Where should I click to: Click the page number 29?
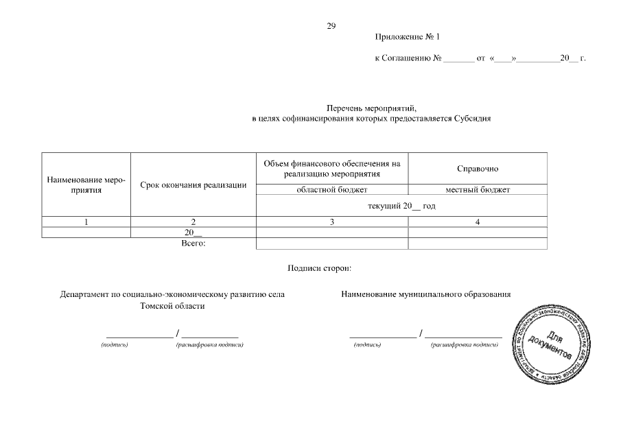click(331, 26)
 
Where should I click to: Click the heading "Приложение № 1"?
click(406, 37)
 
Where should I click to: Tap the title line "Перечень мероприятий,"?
click(371, 108)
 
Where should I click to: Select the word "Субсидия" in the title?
click(473, 119)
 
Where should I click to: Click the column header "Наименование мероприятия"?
click(86, 185)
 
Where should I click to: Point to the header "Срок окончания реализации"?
click(193, 185)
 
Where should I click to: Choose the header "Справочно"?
click(478, 169)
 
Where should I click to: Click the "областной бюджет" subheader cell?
click(332, 189)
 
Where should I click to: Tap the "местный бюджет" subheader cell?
click(478, 189)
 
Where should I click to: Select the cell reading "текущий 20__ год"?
click(401, 206)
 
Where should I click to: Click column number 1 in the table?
click(86, 222)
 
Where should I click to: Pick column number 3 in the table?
click(332, 222)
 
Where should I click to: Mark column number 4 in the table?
click(478, 222)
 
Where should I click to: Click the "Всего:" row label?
click(193, 243)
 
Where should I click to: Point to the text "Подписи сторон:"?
click(320, 268)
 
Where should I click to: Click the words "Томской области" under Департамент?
click(172, 306)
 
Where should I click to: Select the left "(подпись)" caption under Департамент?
click(114, 344)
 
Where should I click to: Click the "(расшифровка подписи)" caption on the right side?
click(463, 344)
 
